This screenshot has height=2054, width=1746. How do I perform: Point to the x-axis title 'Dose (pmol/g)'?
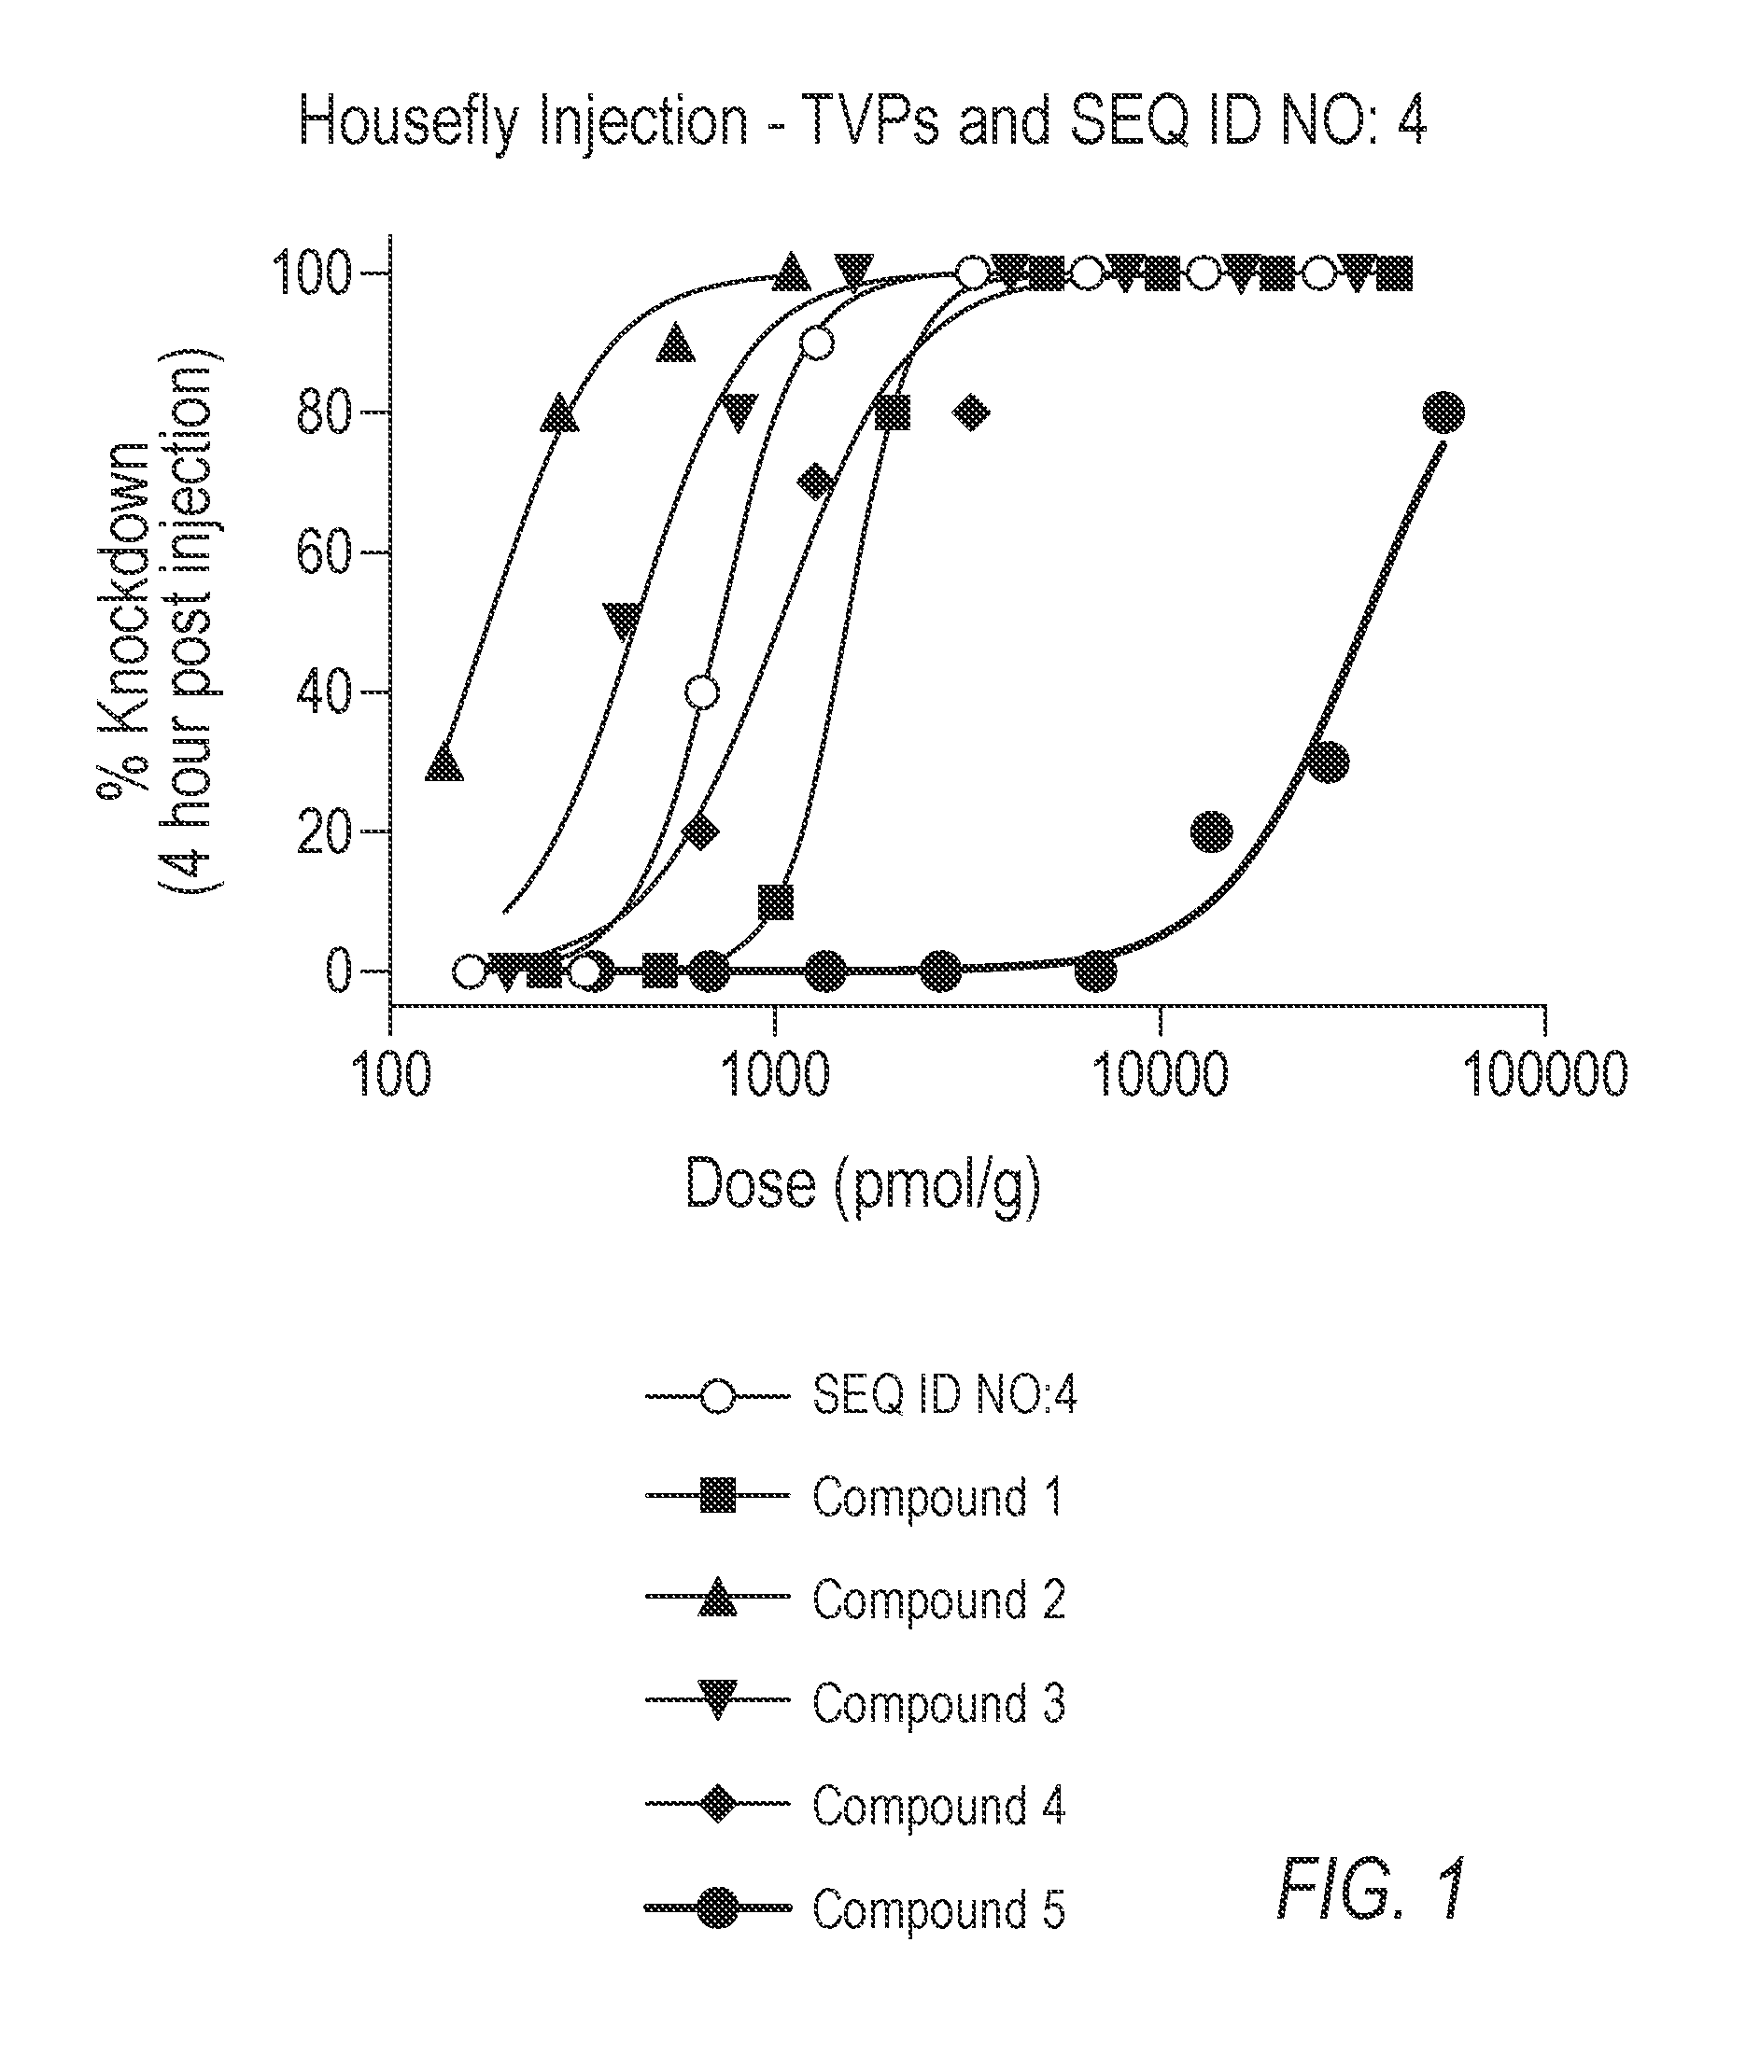[x=862, y=1184]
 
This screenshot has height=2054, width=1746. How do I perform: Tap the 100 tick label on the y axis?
[x=311, y=274]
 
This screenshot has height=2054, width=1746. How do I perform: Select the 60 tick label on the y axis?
[x=324, y=553]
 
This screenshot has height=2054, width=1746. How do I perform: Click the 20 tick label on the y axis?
[x=324, y=832]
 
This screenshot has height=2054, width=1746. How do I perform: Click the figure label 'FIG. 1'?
[x=1371, y=1890]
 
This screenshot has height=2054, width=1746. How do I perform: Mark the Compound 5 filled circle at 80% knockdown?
[x=1444, y=412]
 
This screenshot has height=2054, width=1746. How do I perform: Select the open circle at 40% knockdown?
[x=702, y=692]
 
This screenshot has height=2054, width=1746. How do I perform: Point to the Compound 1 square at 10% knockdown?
[x=776, y=901]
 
